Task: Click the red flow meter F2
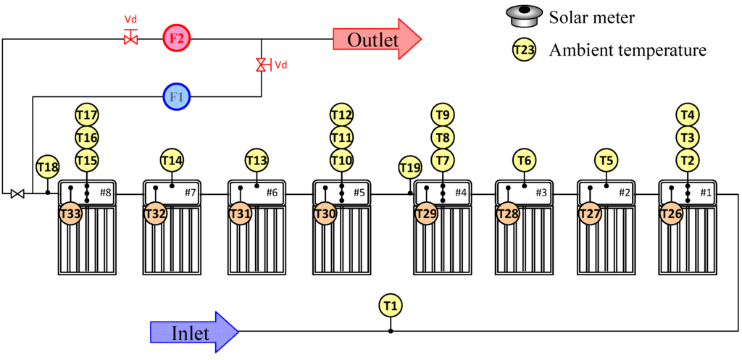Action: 176,38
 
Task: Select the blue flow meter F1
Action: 176,96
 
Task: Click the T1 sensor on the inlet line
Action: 391,305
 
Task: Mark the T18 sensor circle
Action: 47,167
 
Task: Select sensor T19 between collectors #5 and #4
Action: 410,168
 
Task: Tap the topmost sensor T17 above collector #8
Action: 87,114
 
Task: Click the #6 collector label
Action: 272,193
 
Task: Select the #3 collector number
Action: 541,193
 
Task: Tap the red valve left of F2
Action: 131,38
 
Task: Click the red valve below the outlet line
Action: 261,65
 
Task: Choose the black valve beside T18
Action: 18,193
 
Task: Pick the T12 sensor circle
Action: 342,114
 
